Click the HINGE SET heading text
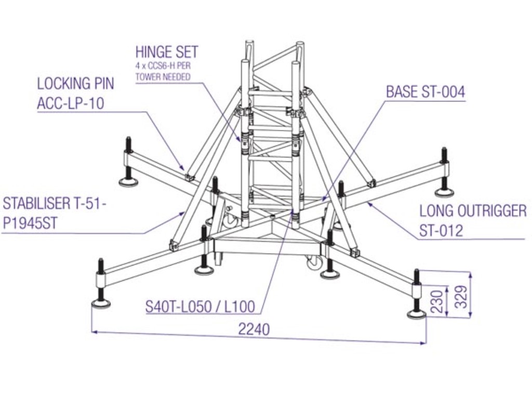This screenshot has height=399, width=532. pos(167,52)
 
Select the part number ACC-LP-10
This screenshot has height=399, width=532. pos(71,103)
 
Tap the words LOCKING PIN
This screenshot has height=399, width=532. pos(75,84)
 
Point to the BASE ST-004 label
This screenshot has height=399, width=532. pos(425,92)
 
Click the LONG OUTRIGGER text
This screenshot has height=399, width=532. pos(473,211)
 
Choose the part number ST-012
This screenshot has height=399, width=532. pos(441,230)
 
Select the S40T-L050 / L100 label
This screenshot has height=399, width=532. pos(200,307)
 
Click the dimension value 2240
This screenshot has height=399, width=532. pos(254,329)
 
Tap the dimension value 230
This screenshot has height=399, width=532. pos(438,300)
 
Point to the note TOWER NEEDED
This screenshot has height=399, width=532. pos(163,76)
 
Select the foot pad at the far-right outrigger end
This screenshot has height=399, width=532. pos(444,193)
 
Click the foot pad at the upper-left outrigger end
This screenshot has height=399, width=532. pos(128,181)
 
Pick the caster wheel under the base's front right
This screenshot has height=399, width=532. pos(314,263)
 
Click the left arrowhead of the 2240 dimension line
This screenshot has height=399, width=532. pos(94,330)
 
